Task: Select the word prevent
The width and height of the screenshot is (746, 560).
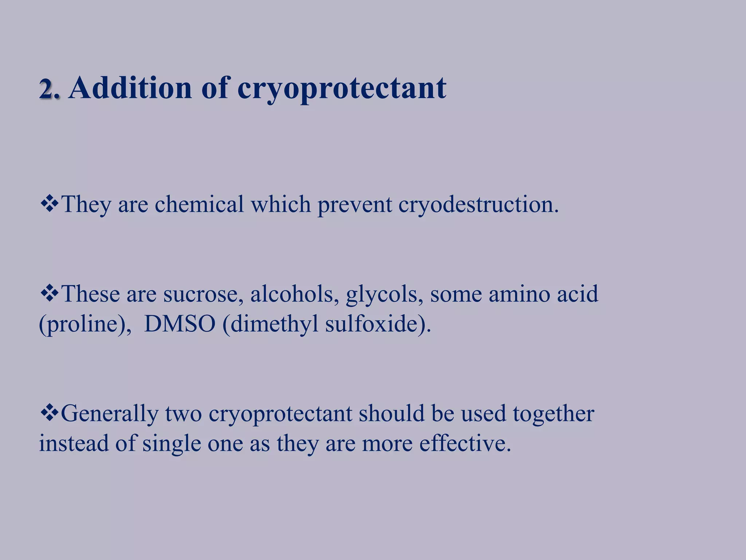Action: (x=354, y=205)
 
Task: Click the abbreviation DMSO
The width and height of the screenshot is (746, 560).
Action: (x=180, y=324)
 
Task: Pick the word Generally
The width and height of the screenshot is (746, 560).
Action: (x=110, y=414)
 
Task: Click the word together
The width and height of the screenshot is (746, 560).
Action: (x=553, y=414)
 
